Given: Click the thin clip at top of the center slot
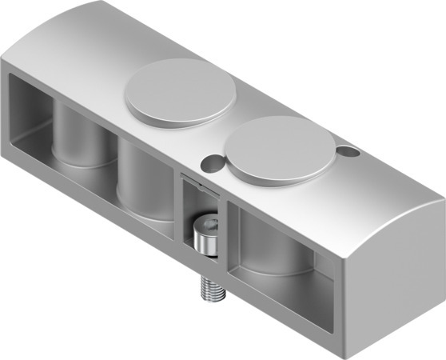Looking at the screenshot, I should (196, 182).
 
